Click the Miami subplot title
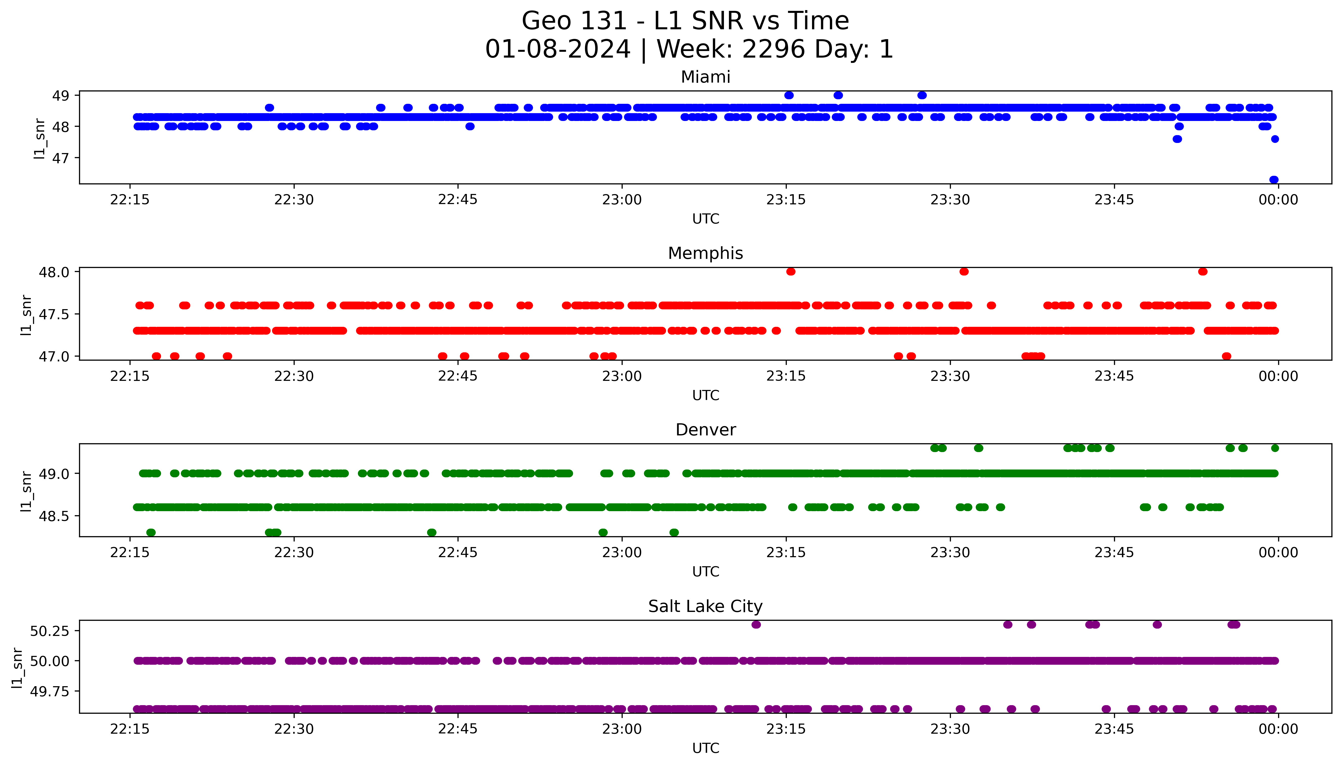[x=705, y=77]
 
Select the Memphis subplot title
[x=705, y=254]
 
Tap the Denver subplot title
[x=705, y=430]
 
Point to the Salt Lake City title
[x=705, y=607]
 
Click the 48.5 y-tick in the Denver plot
[x=54, y=516]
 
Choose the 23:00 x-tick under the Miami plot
[x=622, y=200]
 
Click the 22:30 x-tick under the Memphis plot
[x=294, y=376]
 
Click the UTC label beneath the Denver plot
[x=705, y=572]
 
